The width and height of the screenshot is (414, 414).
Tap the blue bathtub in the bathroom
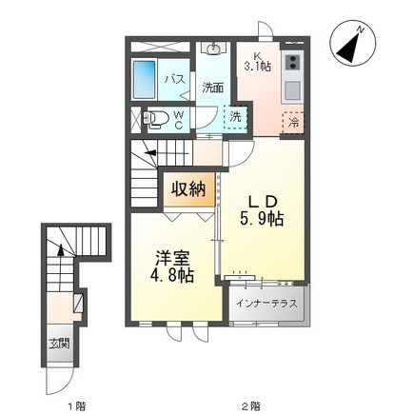[144, 80]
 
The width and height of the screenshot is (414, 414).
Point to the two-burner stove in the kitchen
[292, 63]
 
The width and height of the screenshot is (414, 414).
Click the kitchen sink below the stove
[292, 90]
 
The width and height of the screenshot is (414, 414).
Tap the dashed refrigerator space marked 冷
[293, 123]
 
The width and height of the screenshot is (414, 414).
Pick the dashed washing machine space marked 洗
[235, 117]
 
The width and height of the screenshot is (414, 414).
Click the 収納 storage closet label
[188, 189]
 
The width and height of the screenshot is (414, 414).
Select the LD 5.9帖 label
[262, 210]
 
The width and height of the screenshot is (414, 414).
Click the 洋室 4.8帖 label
[172, 266]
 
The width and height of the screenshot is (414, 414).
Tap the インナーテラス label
[267, 304]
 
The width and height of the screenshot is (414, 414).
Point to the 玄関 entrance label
[59, 343]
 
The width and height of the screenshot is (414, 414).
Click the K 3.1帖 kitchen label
[257, 61]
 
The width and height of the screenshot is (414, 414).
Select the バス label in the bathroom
[175, 79]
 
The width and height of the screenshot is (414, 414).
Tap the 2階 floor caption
[252, 405]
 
